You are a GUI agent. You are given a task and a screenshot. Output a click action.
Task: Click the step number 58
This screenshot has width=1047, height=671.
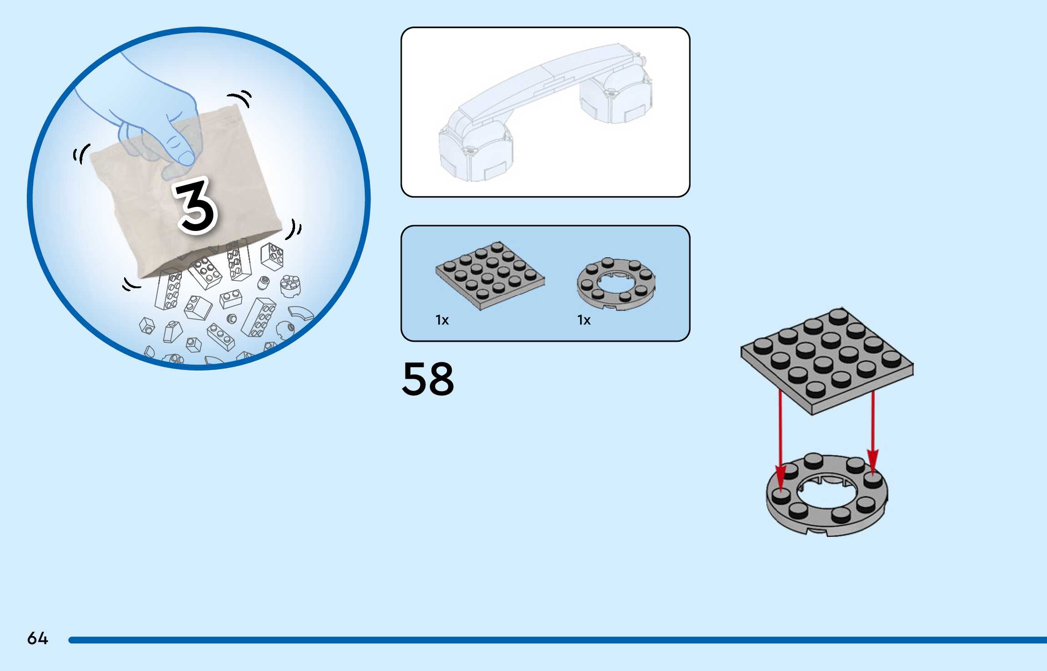tap(428, 379)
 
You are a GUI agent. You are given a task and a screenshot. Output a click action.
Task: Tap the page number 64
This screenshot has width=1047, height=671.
tap(37, 638)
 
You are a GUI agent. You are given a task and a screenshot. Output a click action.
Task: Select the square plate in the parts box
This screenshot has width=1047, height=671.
tap(490, 275)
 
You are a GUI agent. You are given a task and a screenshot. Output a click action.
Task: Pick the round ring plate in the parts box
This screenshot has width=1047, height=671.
tap(616, 284)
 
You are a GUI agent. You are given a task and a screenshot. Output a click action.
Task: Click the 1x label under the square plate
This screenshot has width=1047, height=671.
tap(442, 320)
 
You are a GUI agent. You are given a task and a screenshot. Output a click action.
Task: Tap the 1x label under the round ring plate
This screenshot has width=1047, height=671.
tap(584, 320)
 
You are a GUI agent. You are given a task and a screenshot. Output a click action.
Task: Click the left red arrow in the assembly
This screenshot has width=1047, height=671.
tap(781, 441)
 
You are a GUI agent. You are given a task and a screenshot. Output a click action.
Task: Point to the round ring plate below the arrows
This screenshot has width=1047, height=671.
tap(827, 518)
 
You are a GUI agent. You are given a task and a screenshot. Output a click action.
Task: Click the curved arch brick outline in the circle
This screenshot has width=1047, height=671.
tap(301, 313)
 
